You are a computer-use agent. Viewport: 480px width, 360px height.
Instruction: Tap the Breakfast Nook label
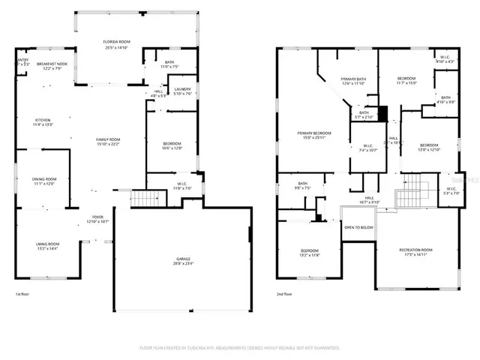[51, 64]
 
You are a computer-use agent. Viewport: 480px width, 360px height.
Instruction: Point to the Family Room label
[109, 139]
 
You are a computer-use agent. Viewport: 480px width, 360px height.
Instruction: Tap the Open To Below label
[358, 227]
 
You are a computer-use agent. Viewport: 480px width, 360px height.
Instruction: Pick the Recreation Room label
[415, 250]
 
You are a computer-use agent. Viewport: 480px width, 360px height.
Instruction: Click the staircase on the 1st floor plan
[147, 199]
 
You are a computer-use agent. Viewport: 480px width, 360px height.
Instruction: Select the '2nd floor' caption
[284, 295]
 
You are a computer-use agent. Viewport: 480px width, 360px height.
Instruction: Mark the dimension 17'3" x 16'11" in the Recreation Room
[415, 255]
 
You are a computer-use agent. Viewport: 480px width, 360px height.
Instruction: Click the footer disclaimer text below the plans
[239, 348]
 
